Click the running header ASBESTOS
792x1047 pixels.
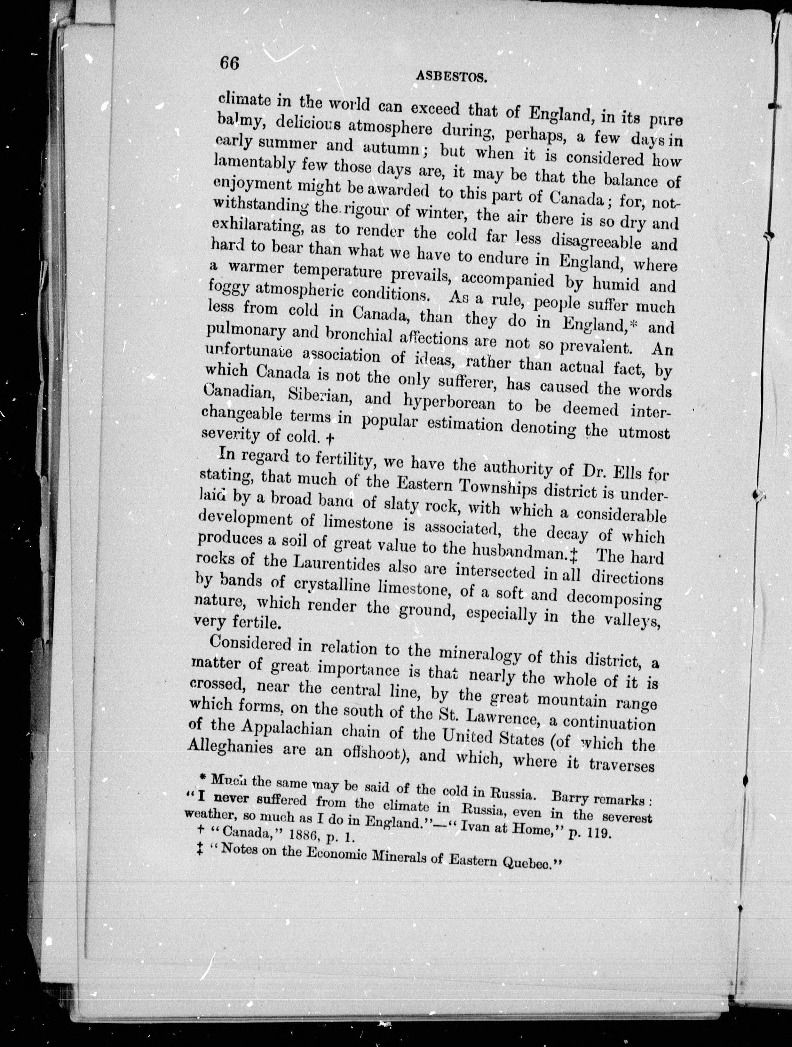click(452, 76)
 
